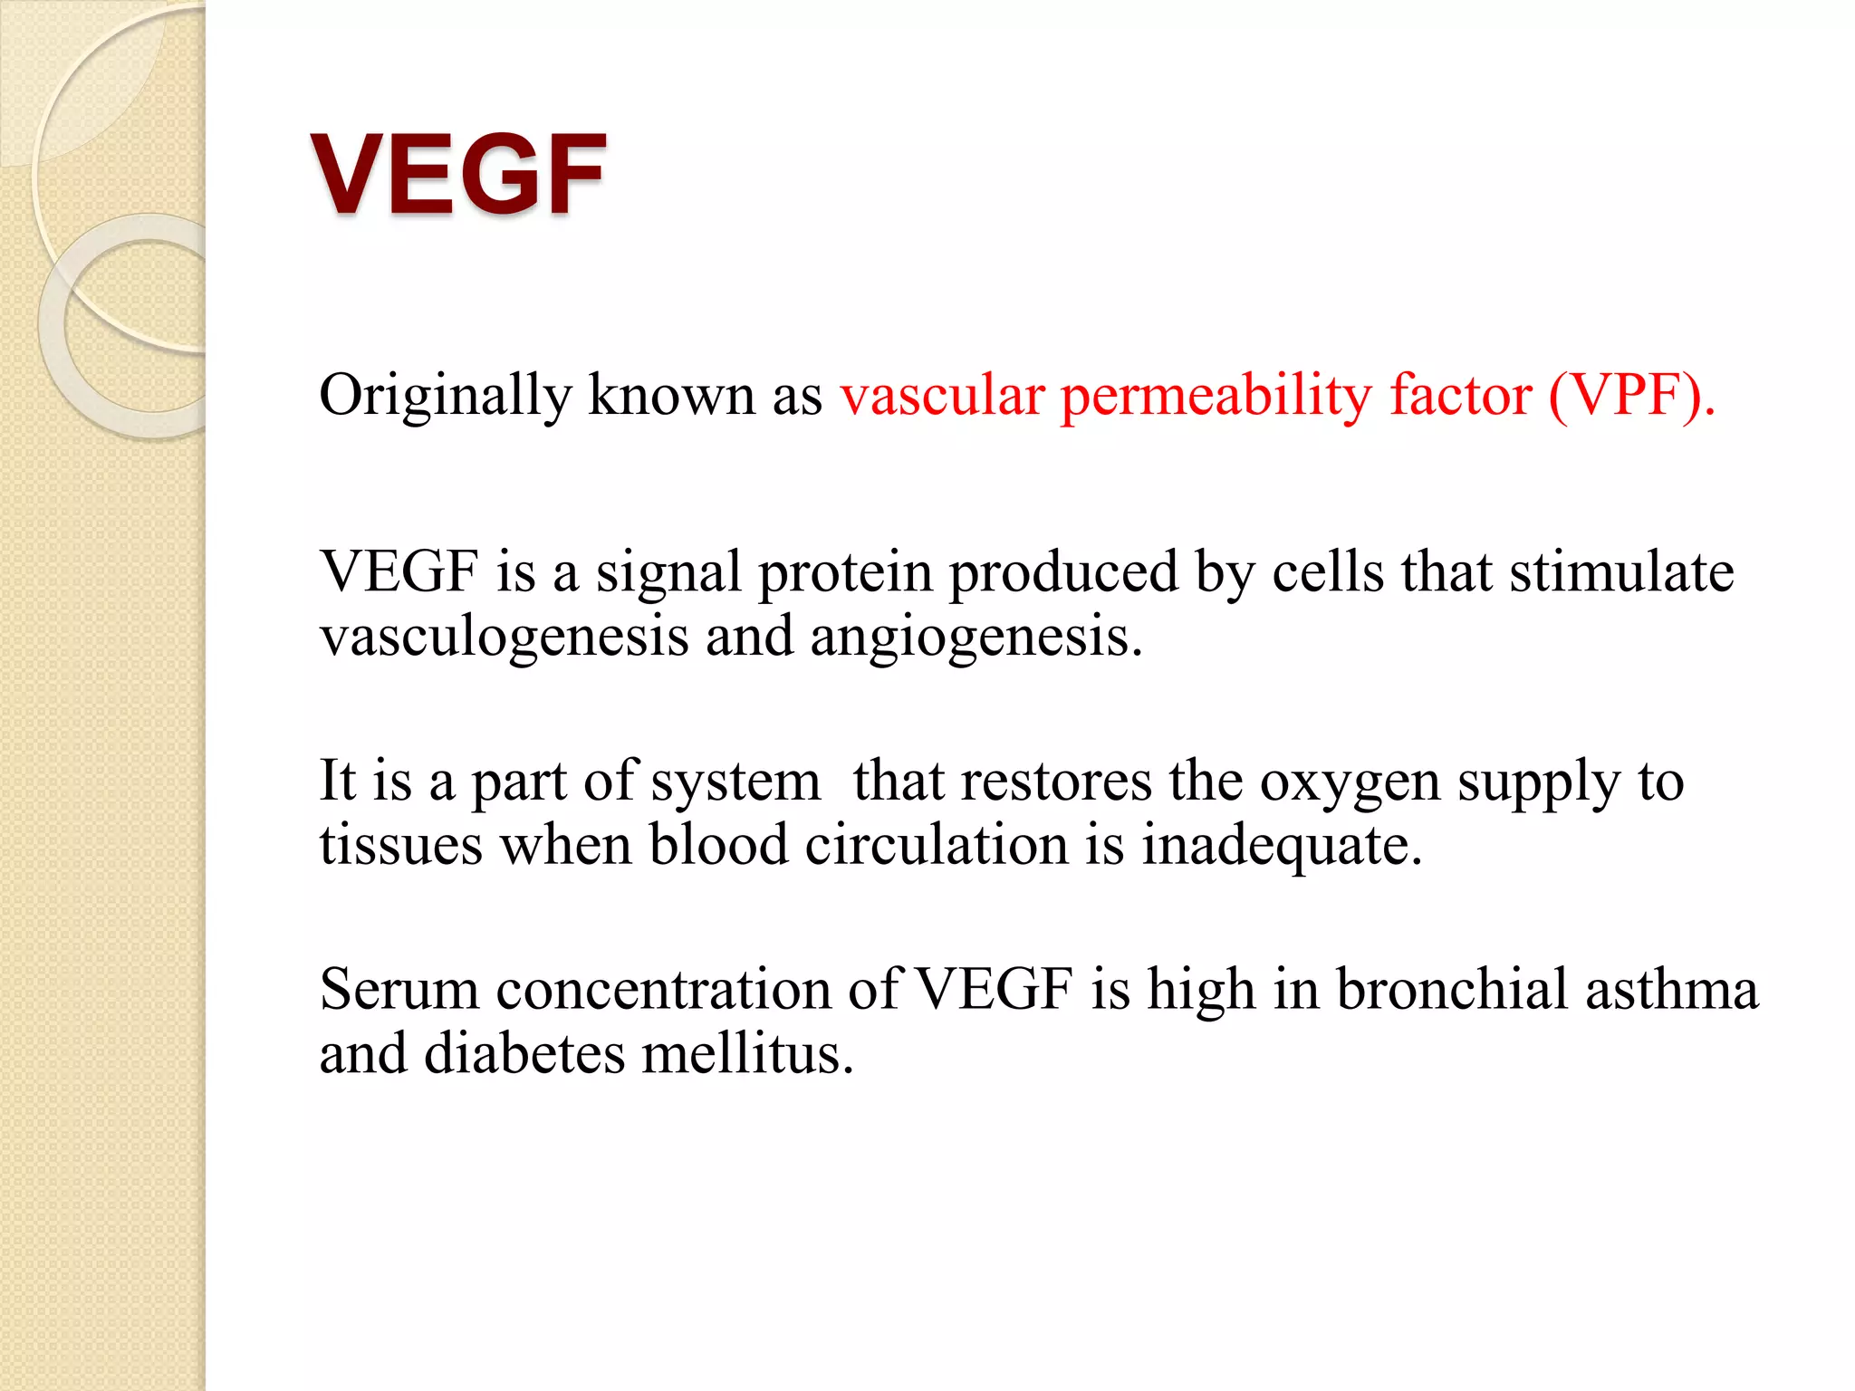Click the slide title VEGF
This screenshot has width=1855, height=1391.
[458, 174]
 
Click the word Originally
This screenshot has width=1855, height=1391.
[445, 396]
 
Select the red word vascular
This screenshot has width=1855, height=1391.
[942, 396]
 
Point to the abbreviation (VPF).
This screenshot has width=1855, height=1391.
[1631, 396]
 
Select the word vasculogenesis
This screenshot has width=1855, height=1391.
[505, 637]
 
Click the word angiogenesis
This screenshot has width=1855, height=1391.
[976, 637]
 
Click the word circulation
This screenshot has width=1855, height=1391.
[937, 845]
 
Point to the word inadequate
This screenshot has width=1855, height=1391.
[1281, 846]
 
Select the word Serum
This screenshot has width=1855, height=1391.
[399, 989]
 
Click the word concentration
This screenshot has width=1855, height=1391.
[663, 989]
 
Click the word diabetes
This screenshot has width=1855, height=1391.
[524, 1053]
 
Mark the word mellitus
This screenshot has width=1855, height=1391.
[747, 1053]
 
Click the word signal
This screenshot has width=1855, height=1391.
[668, 573]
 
